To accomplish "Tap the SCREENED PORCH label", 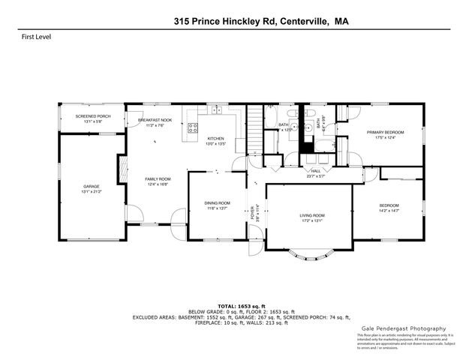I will (x=94, y=117).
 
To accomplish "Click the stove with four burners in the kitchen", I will (x=193, y=127).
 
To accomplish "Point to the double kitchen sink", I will (x=217, y=111).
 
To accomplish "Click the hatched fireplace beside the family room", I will (x=122, y=169).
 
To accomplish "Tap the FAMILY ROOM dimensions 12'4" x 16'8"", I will (x=158, y=183).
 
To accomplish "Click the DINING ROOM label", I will (x=218, y=203).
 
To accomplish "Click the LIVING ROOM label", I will (x=311, y=215).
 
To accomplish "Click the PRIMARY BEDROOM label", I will (x=380, y=132).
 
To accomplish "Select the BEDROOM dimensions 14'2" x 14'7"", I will (x=388, y=211).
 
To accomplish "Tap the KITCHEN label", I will (x=216, y=139).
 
